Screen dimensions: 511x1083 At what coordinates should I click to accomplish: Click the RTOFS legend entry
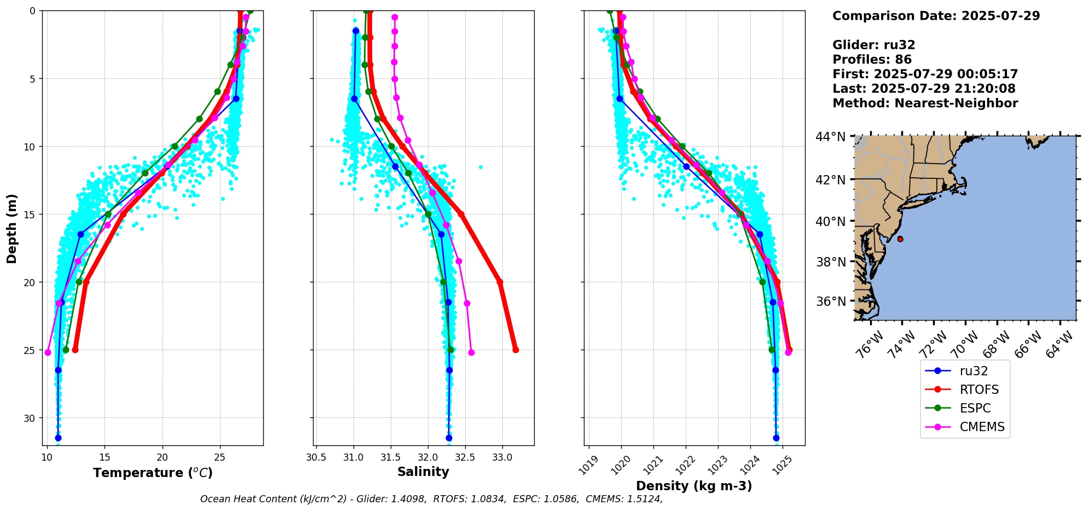pos(978,390)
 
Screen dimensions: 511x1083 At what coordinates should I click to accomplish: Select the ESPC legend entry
pos(975,408)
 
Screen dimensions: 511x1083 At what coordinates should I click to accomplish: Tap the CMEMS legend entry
pos(982,427)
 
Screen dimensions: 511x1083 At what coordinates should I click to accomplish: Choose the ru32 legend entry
pos(974,371)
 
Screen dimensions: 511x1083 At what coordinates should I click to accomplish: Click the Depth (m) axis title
pos(12,228)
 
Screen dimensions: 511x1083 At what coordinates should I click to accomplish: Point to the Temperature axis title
pos(153,473)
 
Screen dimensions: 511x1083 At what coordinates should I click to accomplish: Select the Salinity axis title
pos(423,472)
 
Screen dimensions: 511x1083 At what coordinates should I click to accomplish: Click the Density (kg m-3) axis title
pos(694,486)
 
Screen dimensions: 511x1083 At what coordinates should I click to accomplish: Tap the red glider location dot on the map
pos(900,239)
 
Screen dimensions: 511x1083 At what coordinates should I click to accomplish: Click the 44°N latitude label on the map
pos(830,137)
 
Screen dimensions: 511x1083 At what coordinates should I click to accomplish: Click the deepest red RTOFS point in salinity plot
pos(516,350)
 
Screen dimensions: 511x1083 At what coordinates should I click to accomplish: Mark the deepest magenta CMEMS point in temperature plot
pos(48,352)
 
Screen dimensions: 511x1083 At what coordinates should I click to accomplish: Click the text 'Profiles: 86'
pos(872,60)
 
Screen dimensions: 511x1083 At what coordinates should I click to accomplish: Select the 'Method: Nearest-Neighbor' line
pos(925,103)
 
